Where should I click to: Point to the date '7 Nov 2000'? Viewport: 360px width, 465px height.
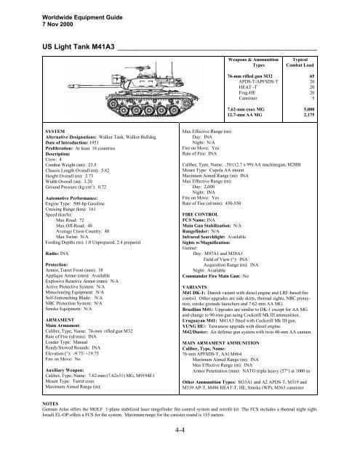point(33,17)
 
